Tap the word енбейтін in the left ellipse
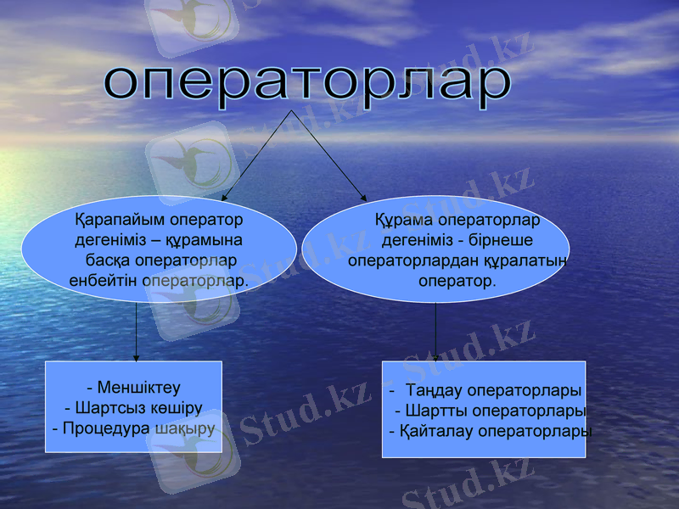tap(103, 279)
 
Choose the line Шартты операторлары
tap(491, 411)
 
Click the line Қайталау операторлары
tap(491, 431)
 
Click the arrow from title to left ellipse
tap(256, 154)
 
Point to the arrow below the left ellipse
tap(137, 331)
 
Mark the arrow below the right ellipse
tap(436, 331)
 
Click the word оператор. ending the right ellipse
tap(457, 279)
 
